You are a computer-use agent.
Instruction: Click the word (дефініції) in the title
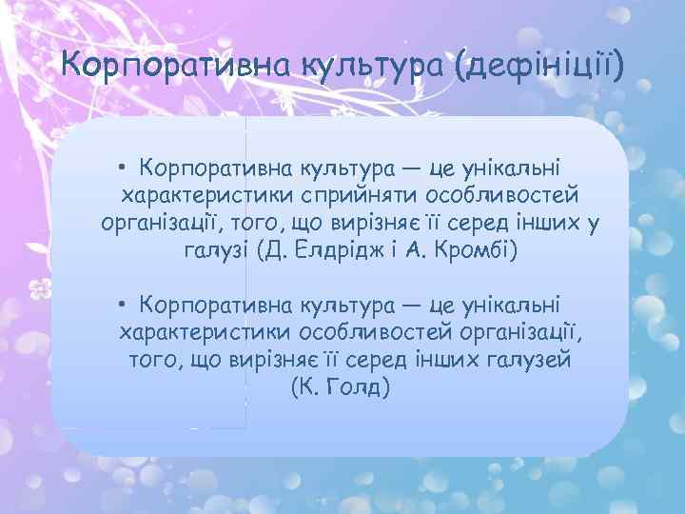(539, 68)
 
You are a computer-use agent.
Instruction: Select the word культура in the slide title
(353, 68)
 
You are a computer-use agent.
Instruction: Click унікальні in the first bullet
(520, 168)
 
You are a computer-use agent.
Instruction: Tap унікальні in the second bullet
(520, 305)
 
